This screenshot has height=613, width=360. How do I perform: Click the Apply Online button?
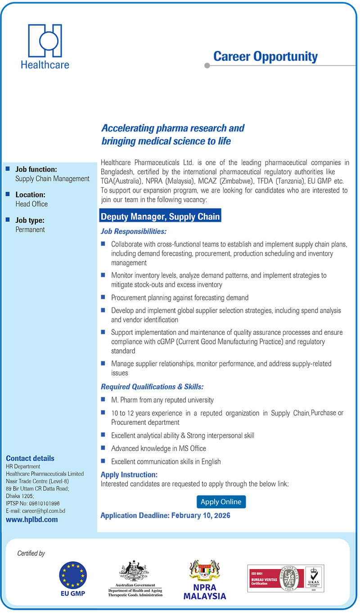point(221,501)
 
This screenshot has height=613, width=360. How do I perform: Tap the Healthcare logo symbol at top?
point(45,41)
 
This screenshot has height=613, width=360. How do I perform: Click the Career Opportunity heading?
point(265,57)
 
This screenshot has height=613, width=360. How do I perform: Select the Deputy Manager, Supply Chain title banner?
point(160,216)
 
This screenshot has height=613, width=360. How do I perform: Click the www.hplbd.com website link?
point(32,519)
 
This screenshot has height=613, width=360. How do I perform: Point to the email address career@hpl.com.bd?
point(36,511)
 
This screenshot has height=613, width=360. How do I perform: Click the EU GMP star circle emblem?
point(73,575)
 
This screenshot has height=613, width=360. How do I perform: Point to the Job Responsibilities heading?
point(134,231)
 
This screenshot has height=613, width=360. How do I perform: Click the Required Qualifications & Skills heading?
point(152,387)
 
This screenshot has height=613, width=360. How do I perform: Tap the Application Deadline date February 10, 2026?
point(201,515)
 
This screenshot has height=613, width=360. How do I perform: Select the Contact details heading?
point(30,458)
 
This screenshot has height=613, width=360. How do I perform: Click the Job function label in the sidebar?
point(36,169)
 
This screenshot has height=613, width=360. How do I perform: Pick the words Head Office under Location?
point(31,204)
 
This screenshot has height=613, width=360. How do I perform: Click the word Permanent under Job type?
point(30,230)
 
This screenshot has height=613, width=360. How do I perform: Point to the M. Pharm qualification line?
point(162,400)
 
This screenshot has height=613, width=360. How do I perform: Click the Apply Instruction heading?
point(129,475)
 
